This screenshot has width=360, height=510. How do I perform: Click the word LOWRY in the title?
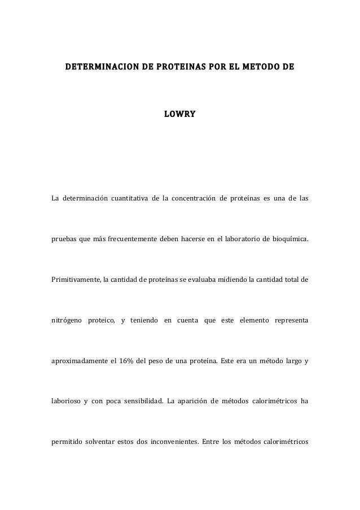179,115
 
